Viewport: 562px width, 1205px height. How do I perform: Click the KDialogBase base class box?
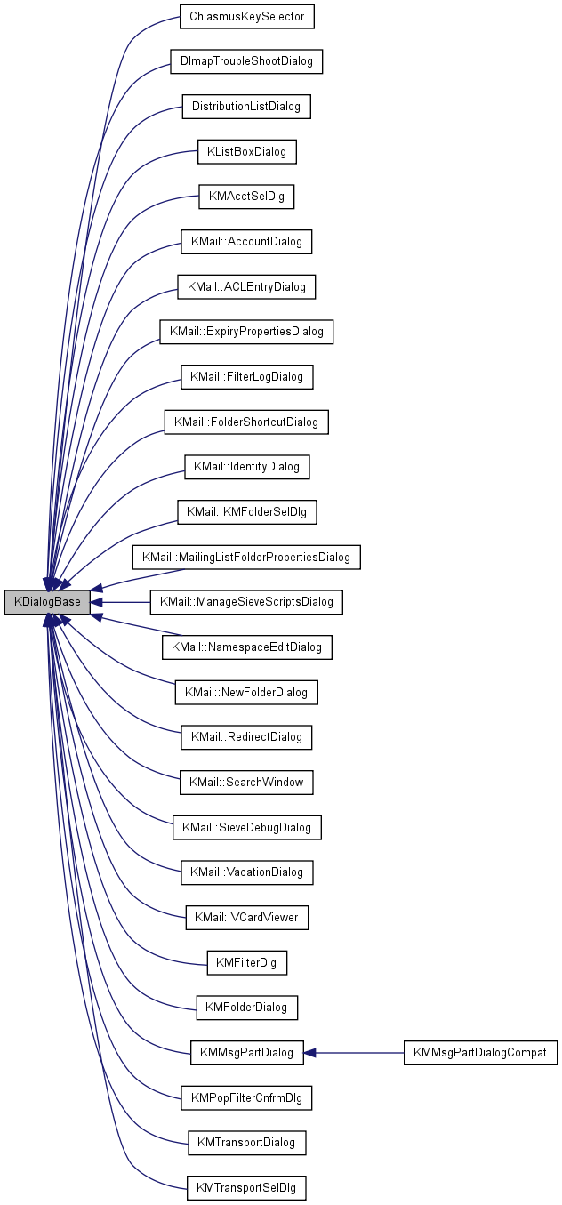pyautogui.click(x=47, y=602)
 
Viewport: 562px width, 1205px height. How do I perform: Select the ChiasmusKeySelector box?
pyautogui.click(x=246, y=16)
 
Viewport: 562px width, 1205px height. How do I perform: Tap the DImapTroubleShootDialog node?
pyautogui.click(x=245, y=61)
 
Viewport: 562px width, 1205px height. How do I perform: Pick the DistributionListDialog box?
pyautogui.click(x=246, y=107)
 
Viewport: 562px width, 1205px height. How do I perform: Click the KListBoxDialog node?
pyautogui.click(x=246, y=151)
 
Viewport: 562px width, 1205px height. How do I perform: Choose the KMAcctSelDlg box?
pyautogui.click(x=246, y=197)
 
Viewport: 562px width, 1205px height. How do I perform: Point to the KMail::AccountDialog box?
pyautogui.click(x=246, y=241)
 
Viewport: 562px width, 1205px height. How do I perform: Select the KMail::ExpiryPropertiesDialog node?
pyautogui.click(x=246, y=332)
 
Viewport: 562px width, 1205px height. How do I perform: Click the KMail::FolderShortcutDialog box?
pyautogui.click(x=246, y=422)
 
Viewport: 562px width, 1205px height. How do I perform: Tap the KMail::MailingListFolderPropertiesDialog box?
pyautogui.click(x=246, y=558)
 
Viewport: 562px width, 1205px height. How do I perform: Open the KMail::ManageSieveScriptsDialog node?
pyautogui.click(x=246, y=602)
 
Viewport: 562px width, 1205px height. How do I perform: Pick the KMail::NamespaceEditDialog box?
pyautogui.click(x=246, y=647)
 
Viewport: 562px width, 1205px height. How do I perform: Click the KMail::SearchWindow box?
pyautogui.click(x=246, y=783)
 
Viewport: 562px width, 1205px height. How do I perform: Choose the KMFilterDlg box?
pyautogui.click(x=246, y=962)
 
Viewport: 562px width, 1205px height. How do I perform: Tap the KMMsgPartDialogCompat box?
pyautogui.click(x=480, y=1053)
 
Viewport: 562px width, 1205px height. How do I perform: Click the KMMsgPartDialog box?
pyautogui.click(x=246, y=1053)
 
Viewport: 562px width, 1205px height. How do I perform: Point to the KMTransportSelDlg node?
pyautogui.click(x=246, y=1187)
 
